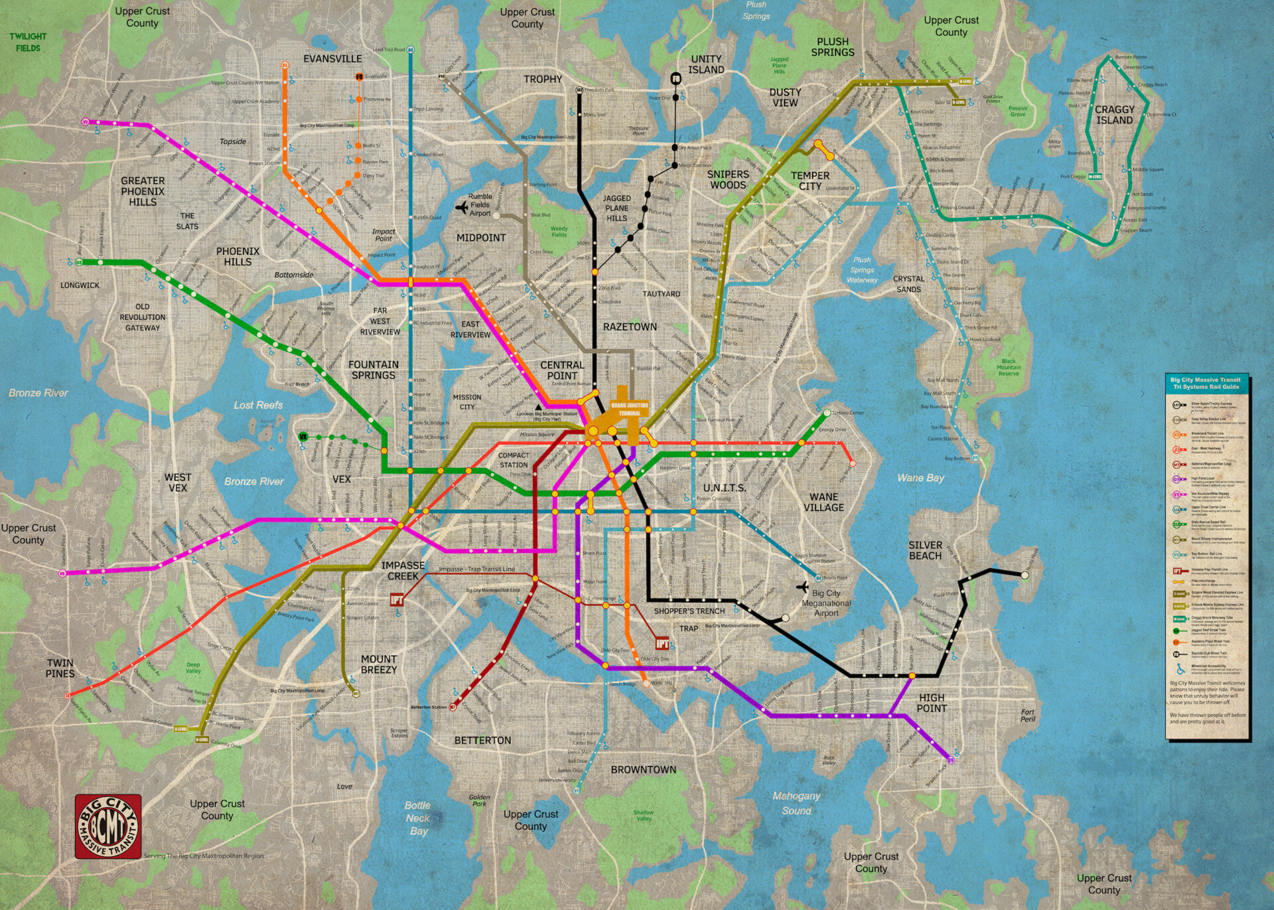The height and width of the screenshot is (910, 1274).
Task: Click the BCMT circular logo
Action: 107,826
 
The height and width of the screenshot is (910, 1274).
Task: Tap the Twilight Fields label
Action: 28,42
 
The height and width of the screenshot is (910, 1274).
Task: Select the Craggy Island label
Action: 1114,115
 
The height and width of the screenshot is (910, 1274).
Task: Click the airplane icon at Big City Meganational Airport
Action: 803,587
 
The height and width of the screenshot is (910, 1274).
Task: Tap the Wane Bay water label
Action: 920,477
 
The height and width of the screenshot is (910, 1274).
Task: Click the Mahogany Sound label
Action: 796,802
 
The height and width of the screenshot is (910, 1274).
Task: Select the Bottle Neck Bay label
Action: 418,818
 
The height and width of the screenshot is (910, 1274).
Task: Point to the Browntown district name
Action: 643,769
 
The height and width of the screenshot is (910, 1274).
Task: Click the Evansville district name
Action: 332,58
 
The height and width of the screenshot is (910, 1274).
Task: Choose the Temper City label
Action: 810,181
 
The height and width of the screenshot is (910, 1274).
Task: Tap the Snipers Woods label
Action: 728,179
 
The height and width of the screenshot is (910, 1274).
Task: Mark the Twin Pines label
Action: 60,668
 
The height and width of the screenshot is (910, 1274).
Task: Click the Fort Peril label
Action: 1027,715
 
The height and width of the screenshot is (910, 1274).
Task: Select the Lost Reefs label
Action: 258,405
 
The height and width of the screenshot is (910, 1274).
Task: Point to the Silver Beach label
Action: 925,550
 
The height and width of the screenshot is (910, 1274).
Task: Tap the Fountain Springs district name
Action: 374,370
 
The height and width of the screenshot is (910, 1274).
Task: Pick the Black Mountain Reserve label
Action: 1009,367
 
